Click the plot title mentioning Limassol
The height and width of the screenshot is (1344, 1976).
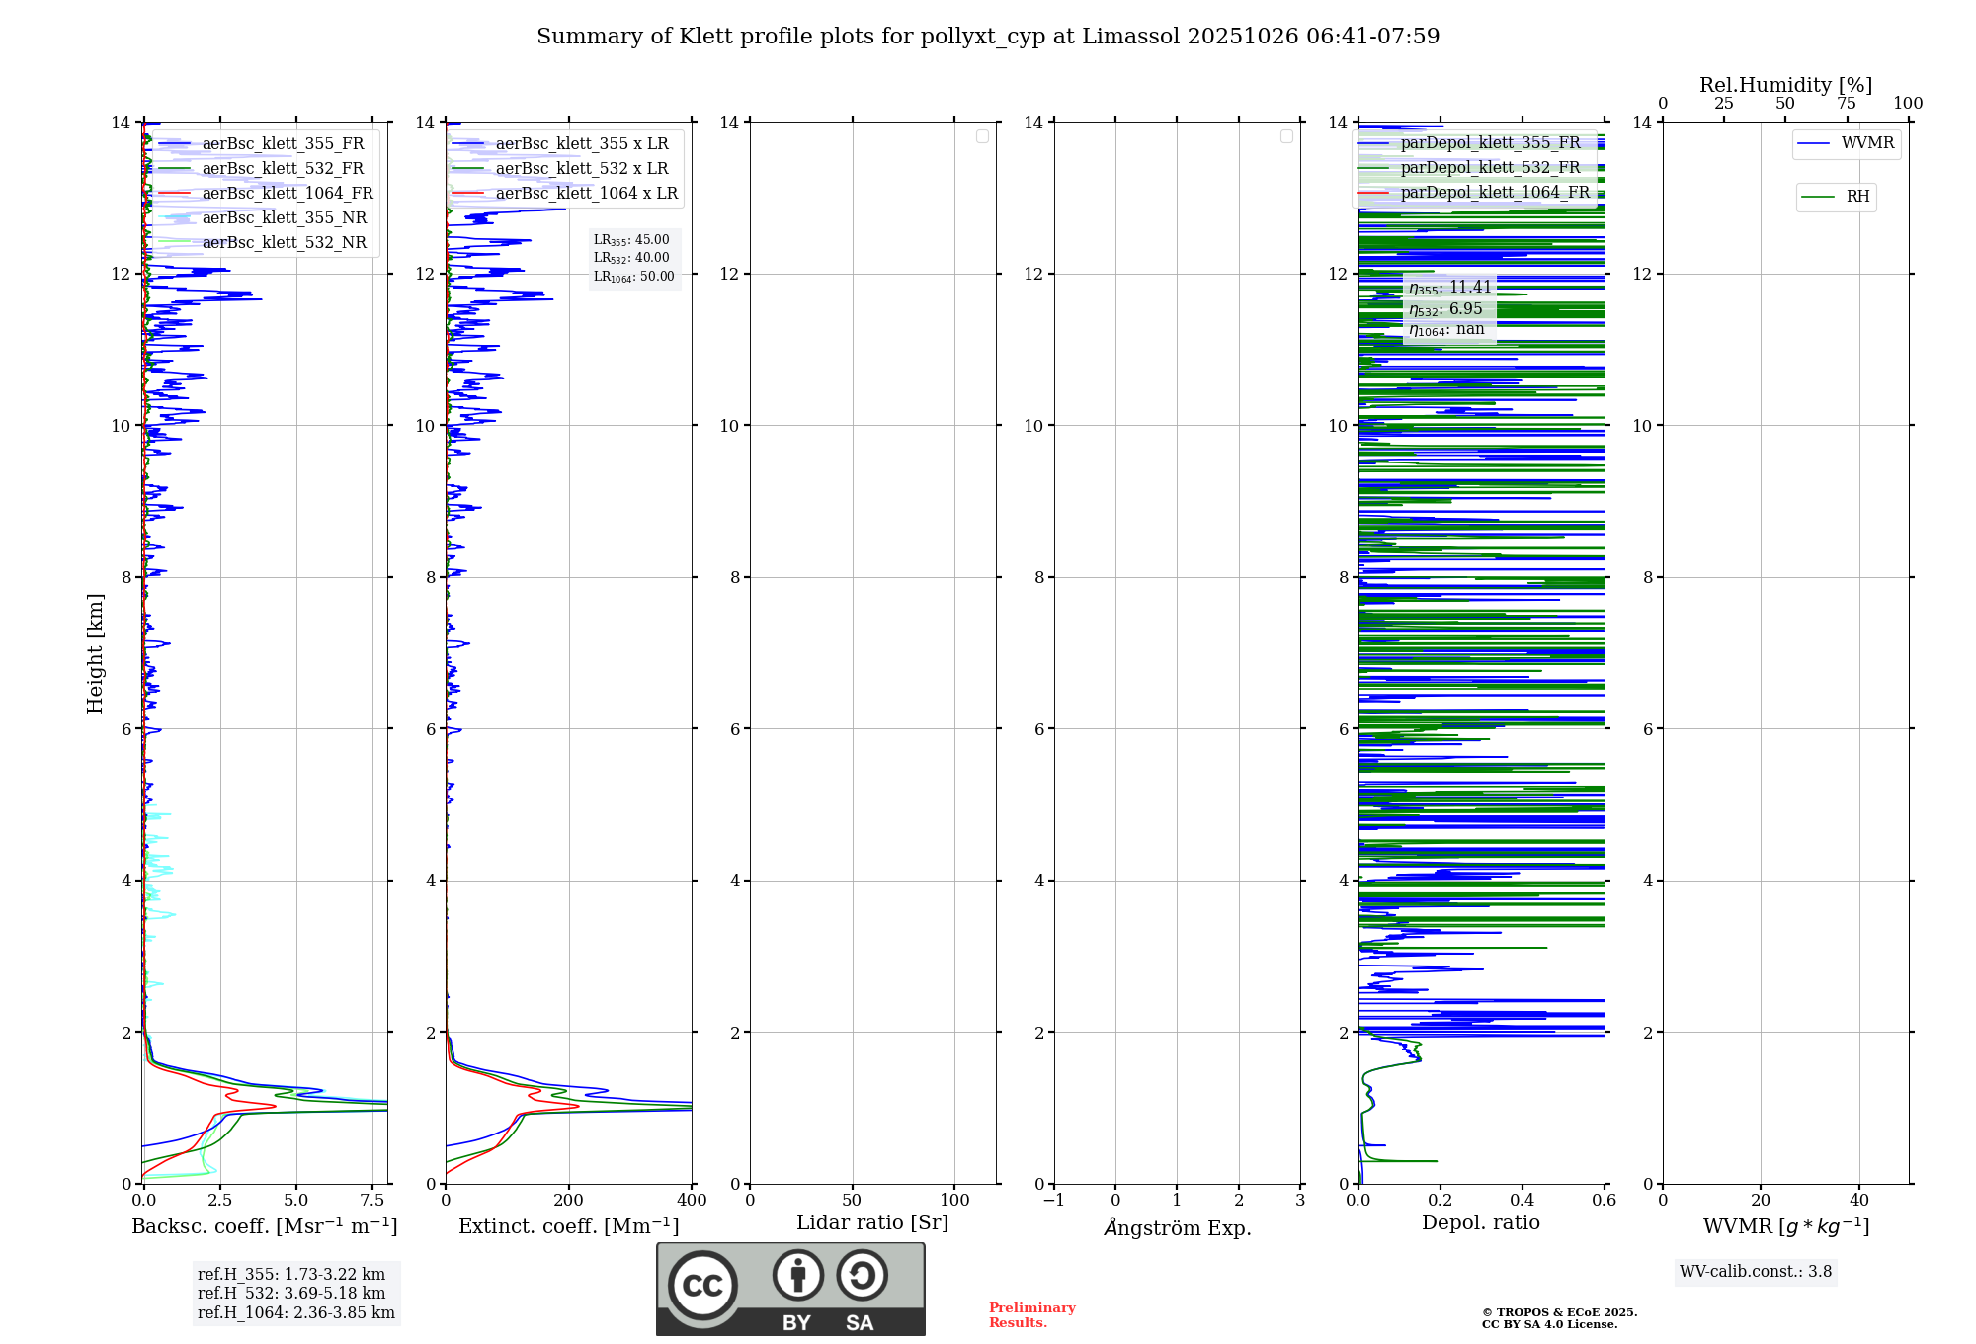point(988,37)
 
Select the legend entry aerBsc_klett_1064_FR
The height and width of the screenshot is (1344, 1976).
point(287,194)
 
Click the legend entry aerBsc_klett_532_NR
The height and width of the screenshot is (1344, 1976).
point(284,243)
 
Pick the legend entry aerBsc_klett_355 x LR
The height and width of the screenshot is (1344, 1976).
point(581,144)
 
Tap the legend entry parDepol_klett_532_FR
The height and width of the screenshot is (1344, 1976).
point(1490,168)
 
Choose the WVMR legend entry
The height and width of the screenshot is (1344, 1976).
point(1867,143)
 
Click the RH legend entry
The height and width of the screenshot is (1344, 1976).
point(1857,197)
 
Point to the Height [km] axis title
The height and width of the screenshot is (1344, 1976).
point(95,653)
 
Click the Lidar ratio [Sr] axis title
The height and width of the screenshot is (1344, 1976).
point(872,1223)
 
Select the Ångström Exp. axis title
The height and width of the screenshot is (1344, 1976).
point(1177,1228)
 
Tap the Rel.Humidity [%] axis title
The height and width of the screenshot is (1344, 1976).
point(1785,85)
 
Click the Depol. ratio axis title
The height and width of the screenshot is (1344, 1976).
point(1480,1223)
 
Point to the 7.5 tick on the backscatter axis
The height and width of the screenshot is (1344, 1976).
point(372,1201)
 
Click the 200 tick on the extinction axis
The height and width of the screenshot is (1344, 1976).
point(568,1201)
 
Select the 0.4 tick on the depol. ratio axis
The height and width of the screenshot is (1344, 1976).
point(1523,1201)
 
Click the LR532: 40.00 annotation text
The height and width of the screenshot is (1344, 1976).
point(631,258)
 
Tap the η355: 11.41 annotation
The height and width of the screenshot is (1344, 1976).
point(1449,288)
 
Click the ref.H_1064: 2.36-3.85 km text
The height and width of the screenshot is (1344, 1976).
point(295,1313)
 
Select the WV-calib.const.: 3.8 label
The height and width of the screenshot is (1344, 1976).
point(1755,1272)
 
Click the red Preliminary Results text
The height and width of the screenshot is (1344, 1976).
point(1031,1315)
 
